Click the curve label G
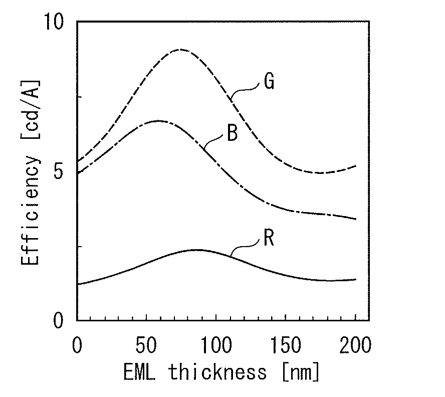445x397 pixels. pos(269,82)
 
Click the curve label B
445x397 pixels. pos(232,133)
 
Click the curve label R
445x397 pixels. pos(269,238)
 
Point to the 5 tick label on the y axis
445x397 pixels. pos(58,171)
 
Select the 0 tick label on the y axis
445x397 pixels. pos(58,320)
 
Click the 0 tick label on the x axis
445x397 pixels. pos(77,345)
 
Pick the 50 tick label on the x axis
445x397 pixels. pos(146,345)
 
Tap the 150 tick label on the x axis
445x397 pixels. pos(286,345)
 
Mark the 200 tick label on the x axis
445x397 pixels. pos(355,345)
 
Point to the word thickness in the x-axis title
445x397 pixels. pos(217,371)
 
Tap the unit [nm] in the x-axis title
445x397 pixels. pos(301,372)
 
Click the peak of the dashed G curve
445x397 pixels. pos(180,50)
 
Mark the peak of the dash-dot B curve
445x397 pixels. pos(158,121)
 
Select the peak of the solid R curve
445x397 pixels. pos(198,250)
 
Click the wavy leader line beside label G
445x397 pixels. pos(245,90)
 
